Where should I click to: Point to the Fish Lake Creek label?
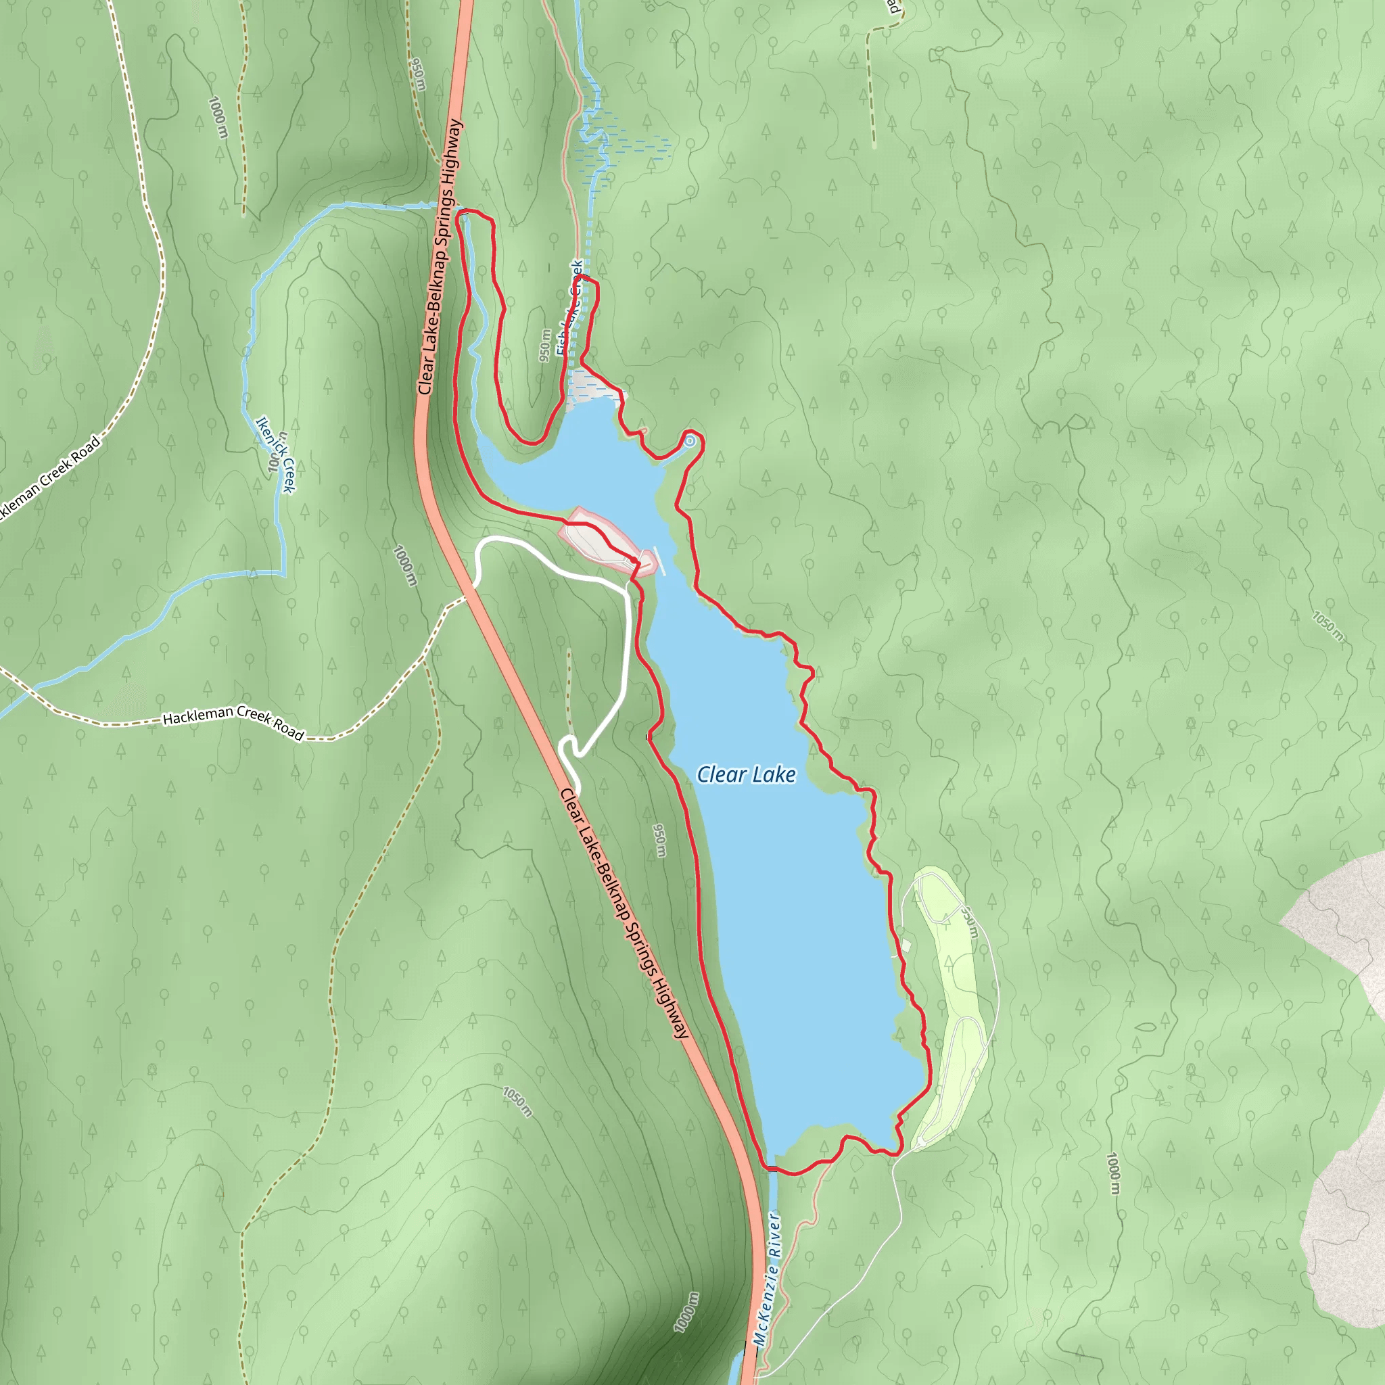570,308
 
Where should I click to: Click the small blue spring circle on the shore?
690,441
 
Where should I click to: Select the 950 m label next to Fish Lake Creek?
546,346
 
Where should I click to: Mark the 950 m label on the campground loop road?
969,922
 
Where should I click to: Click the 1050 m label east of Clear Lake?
1328,625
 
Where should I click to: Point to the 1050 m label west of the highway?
517,1101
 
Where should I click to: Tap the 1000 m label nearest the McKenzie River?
686,1312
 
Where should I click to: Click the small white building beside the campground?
906,946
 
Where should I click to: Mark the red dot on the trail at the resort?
634,560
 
